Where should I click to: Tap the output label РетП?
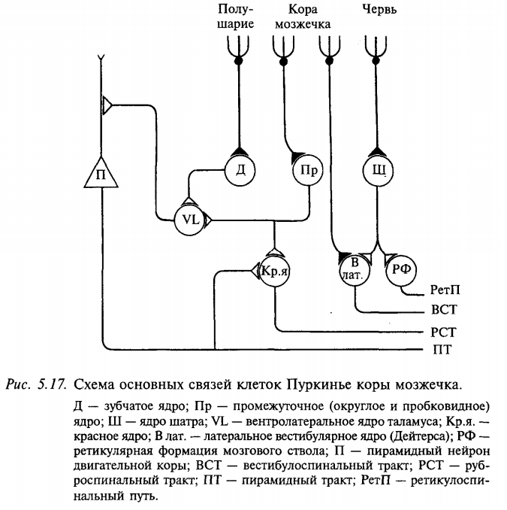coord(445,289)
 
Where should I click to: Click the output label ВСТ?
coord(444,310)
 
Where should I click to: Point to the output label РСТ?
coord(444,330)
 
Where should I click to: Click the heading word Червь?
coord(379,10)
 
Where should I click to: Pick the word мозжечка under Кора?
coord(303,24)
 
